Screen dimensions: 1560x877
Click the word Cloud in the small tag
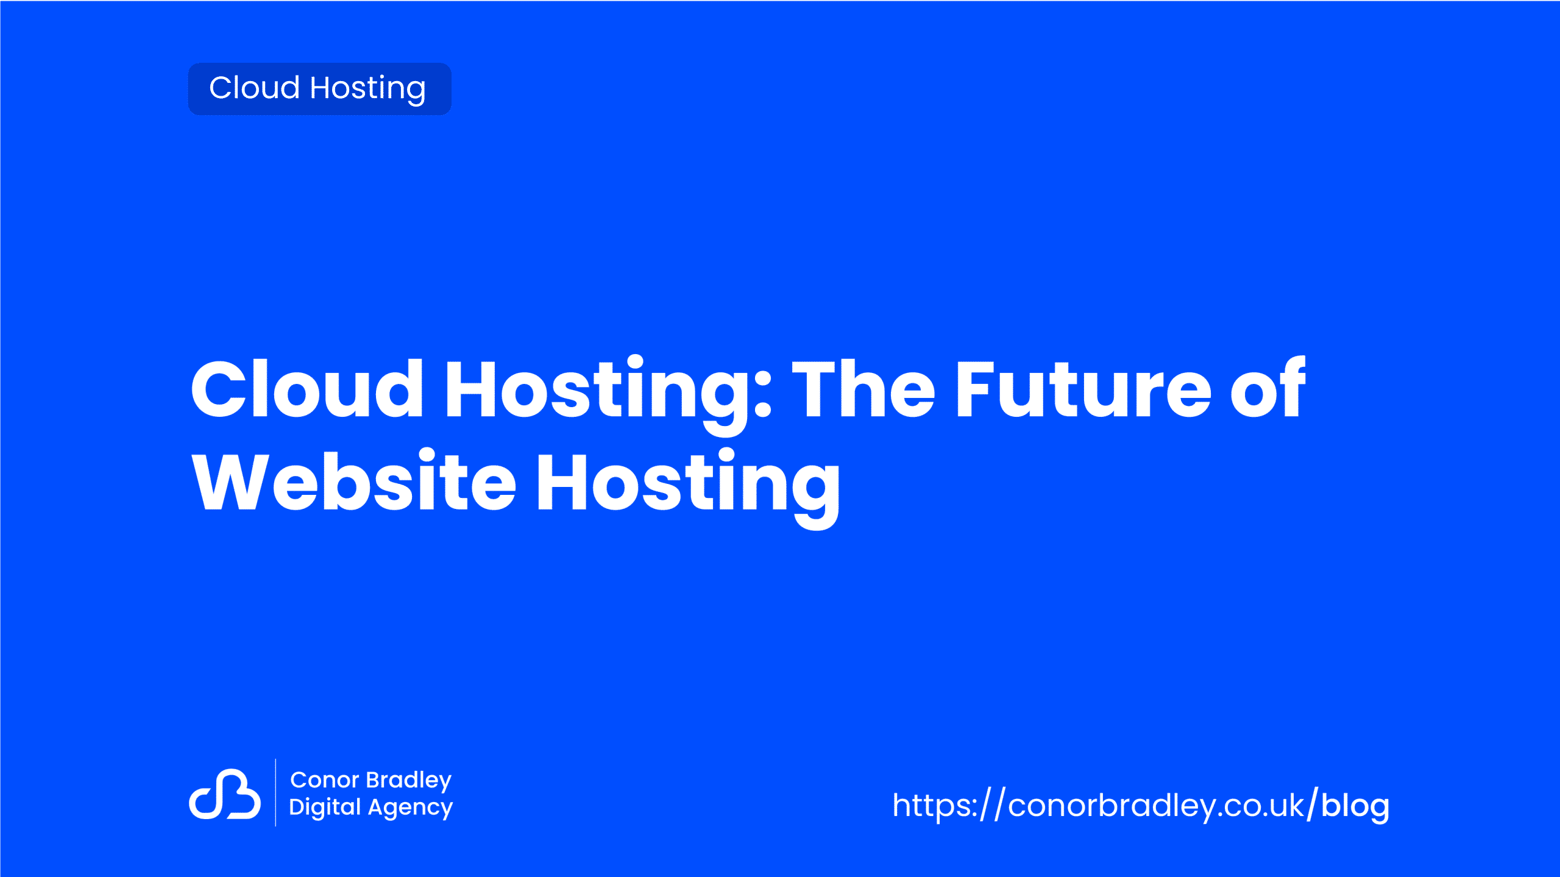point(254,87)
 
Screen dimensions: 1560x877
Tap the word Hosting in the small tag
point(368,89)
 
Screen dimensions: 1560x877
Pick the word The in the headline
point(863,388)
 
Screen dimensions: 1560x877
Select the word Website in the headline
point(354,481)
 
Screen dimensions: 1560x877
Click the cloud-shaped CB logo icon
point(225,794)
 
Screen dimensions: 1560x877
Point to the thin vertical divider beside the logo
point(275,792)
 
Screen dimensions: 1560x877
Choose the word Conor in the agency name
point(325,779)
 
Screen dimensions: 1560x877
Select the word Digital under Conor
point(325,808)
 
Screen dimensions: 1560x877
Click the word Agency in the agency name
point(411,809)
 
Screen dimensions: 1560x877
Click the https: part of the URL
point(935,806)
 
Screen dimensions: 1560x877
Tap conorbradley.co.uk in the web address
point(1156,805)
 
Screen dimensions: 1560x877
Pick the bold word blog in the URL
point(1355,806)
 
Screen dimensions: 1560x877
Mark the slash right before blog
point(1313,804)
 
